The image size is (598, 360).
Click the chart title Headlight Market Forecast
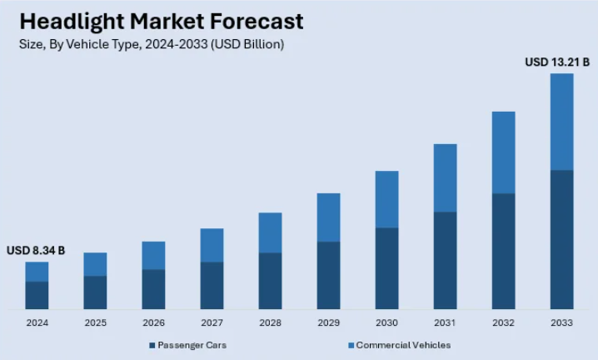[162, 20]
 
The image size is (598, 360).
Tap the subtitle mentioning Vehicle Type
[152, 45]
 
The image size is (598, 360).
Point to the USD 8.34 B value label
[36, 250]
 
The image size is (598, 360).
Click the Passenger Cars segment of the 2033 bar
[562, 239]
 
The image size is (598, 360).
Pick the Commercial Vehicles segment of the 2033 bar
[562, 122]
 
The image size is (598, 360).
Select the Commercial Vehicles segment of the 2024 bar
[37, 272]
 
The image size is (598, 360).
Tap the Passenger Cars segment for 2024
[37, 295]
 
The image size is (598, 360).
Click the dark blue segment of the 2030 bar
[386, 267]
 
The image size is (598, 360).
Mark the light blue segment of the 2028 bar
[270, 232]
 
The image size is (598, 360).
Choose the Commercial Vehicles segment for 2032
[503, 152]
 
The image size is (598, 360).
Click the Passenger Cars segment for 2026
[153, 288]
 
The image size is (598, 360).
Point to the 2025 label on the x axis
[95, 322]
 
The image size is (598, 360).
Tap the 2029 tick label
[328, 322]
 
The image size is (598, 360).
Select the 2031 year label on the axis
[445, 322]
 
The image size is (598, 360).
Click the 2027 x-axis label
[212, 322]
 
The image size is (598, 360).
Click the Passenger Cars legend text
[192, 345]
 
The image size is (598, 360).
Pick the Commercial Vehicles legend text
[403, 345]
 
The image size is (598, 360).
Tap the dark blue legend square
[152, 345]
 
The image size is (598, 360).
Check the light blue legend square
[351, 345]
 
